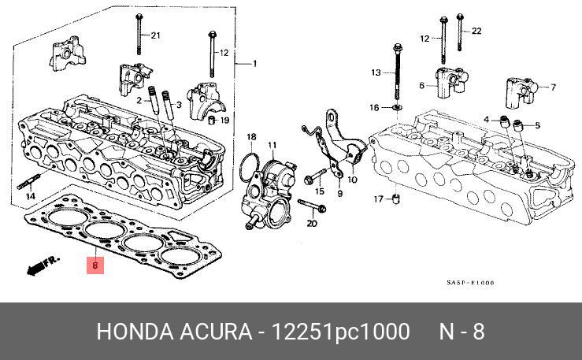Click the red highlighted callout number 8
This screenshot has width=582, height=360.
[x=95, y=265]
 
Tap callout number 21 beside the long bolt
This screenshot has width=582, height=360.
[x=155, y=36]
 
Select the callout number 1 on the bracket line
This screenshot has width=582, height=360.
[x=254, y=63]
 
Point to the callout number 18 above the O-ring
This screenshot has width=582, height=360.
[x=251, y=138]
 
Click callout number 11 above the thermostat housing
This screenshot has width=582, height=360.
[x=272, y=145]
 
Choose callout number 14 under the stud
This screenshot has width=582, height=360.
[x=30, y=196]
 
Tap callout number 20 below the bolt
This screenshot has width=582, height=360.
[x=311, y=224]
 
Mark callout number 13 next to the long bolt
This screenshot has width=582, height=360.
[x=376, y=72]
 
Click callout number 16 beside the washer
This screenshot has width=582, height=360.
[x=374, y=106]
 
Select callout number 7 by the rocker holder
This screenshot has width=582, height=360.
[x=553, y=87]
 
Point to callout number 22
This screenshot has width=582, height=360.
[x=476, y=31]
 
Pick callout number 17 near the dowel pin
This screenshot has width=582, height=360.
[x=377, y=198]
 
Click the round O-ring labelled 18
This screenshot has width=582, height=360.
[x=249, y=168]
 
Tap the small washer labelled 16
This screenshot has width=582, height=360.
[x=395, y=106]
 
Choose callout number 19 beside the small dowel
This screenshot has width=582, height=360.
[x=224, y=121]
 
